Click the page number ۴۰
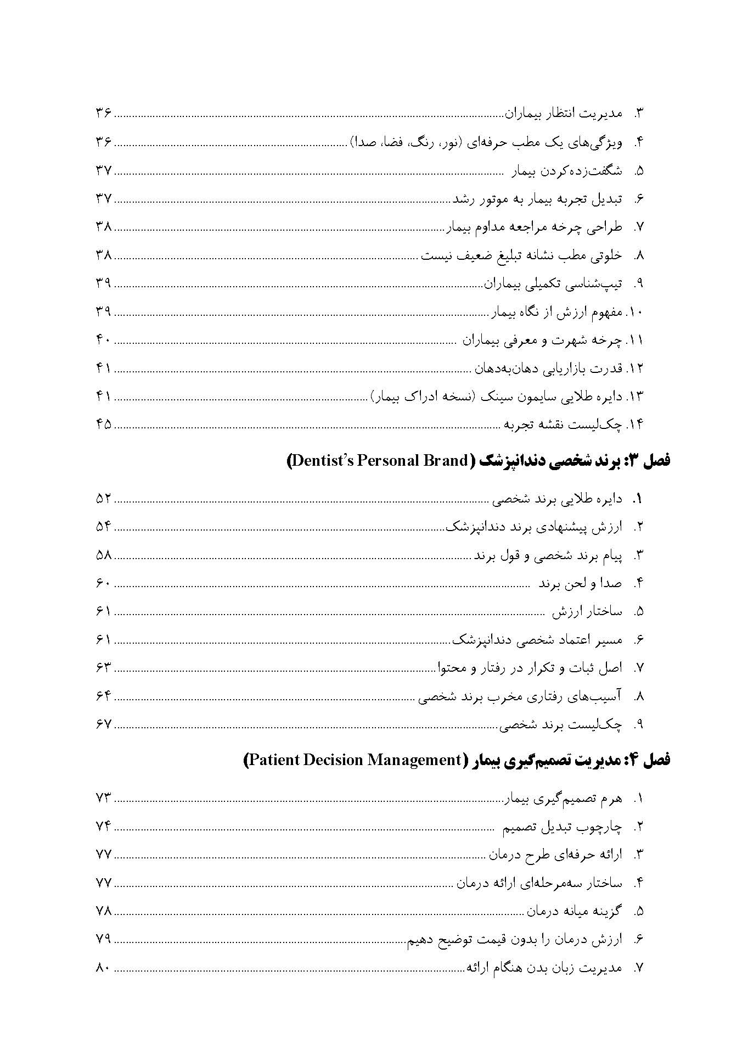pyautogui.click(x=103, y=340)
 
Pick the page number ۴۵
pyautogui.click(x=103, y=425)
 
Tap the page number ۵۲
pyautogui.click(x=103, y=499)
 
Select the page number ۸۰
pyautogui.click(x=103, y=968)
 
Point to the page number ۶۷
pyautogui.click(x=103, y=724)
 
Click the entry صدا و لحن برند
pyautogui.click(x=580, y=583)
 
